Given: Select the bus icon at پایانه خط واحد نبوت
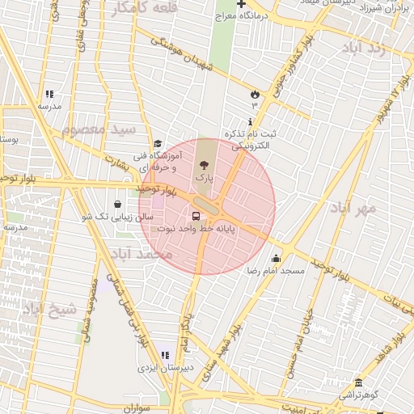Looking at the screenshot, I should coord(196,216).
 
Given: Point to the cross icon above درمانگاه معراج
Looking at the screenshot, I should coord(241,4).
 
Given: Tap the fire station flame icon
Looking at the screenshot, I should coord(255,93).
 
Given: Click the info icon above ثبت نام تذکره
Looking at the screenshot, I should coord(249,121).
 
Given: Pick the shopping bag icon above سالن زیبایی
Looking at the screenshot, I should coord(119,204).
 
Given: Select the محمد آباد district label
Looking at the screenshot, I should coord(144,254).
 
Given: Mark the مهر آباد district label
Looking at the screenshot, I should coord(353,209).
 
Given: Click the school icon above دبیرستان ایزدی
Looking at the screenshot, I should coord(166,355).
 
